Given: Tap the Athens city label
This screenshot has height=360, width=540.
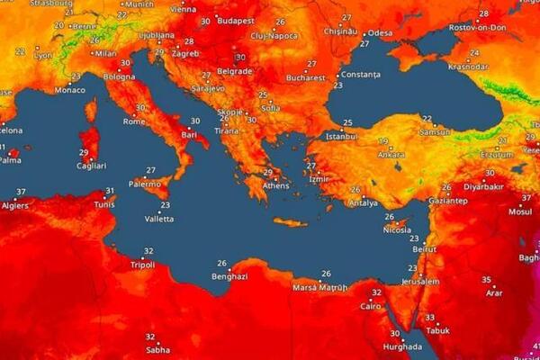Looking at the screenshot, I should [x=276, y=185].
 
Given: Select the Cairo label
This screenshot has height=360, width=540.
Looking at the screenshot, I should [x=371, y=306].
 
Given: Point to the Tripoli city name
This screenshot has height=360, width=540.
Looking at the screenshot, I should [x=142, y=265].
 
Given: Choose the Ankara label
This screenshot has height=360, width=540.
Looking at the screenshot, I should [x=391, y=154].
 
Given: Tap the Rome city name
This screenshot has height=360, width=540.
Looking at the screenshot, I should [x=134, y=121].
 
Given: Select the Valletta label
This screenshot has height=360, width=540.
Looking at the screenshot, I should [x=159, y=219].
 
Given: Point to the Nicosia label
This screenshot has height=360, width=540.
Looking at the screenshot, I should [x=397, y=229].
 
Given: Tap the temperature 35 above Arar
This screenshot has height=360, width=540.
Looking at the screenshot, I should [x=486, y=280].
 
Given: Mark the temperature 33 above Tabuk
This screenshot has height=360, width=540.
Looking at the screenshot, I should [x=429, y=318].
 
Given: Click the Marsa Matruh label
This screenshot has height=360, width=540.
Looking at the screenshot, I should [x=317, y=288].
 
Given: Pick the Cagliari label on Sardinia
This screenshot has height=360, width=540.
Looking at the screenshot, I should [x=91, y=166].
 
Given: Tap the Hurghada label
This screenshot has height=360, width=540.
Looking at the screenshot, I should [x=401, y=346].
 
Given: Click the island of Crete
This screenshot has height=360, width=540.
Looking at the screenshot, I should [x=291, y=222].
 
